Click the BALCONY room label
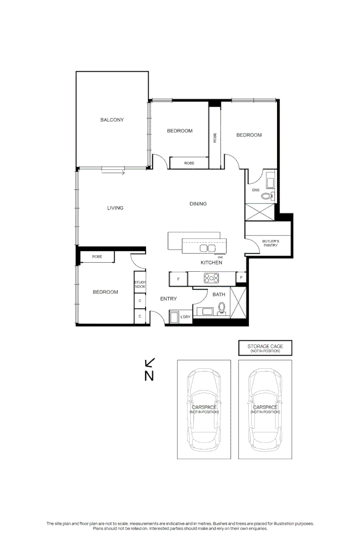click(112, 120)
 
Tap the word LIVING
click(115, 208)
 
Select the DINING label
click(198, 204)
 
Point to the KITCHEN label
click(211, 263)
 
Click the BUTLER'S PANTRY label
click(270, 243)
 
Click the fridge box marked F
click(177, 279)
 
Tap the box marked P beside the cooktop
click(242, 278)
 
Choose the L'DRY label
click(186, 317)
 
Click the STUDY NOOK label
click(140, 284)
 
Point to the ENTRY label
click(168, 299)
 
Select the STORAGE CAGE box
click(265, 348)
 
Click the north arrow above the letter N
click(150, 363)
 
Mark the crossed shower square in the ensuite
click(259, 212)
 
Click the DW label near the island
click(220, 257)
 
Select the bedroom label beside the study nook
click(105, 292)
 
